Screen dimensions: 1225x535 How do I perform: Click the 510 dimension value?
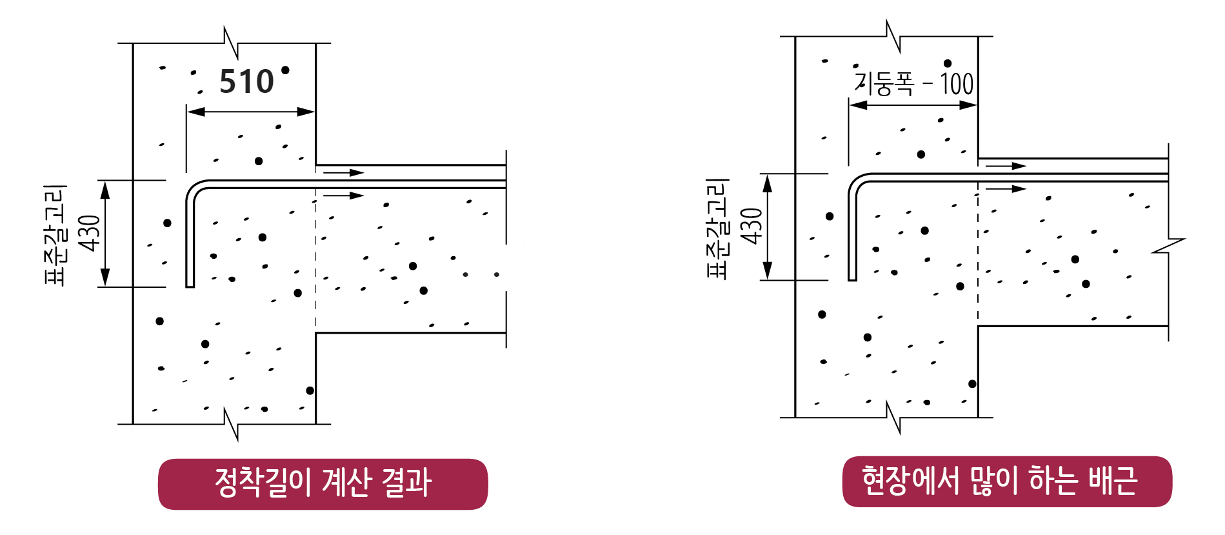(x=246, y=82)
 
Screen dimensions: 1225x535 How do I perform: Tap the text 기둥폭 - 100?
(x=913, y=84)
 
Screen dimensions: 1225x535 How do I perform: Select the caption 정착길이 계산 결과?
(x=323, y=483)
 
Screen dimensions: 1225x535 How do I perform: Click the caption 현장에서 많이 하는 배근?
(x=1006, y=481)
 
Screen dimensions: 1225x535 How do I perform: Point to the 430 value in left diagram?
(x=90, y=233)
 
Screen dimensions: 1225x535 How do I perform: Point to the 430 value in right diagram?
(x=752, y=227)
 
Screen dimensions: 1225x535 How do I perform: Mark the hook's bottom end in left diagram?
(x=190, y=284)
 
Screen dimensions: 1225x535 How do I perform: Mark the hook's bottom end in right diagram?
(x=852, y=278)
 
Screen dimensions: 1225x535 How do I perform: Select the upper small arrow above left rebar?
(x=344, y=172)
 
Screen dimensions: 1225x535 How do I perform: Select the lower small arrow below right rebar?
(x=1006, y=189)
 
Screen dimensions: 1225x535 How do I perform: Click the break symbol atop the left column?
(x=231, y=43)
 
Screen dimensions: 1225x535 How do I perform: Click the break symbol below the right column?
(x=893, y=418)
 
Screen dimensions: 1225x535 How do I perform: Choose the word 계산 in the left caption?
(x=348, y=483)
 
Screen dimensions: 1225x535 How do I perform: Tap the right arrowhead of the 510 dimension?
(x=306, y=112)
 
